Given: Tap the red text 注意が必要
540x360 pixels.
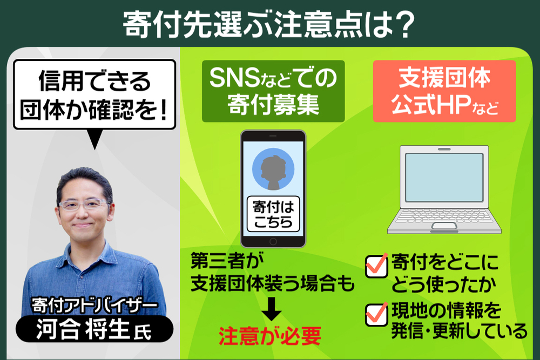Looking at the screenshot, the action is coord(270,336).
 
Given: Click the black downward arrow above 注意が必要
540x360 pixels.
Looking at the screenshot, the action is coord(272,309).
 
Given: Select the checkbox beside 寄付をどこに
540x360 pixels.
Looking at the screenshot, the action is coord(376,266).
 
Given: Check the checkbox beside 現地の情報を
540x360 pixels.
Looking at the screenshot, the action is coord(376,314).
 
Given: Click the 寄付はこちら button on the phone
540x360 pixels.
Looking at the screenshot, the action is coord(273,214).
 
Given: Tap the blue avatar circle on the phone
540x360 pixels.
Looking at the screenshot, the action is coord(273,169).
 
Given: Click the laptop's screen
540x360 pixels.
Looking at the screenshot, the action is coord(444,177).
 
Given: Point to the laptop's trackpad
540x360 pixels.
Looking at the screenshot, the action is coord(444,226).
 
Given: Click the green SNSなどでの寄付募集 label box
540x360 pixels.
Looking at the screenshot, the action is coord(273,91).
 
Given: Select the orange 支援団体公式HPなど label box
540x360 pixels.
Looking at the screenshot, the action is coord(444,91).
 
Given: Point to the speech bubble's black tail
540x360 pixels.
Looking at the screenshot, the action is coord(94,139).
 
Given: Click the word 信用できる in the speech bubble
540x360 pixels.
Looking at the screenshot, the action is coord(94,81).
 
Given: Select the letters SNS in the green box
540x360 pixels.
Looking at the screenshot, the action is coord(234,77).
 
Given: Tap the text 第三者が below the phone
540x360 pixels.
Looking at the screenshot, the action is coord(227,262).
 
